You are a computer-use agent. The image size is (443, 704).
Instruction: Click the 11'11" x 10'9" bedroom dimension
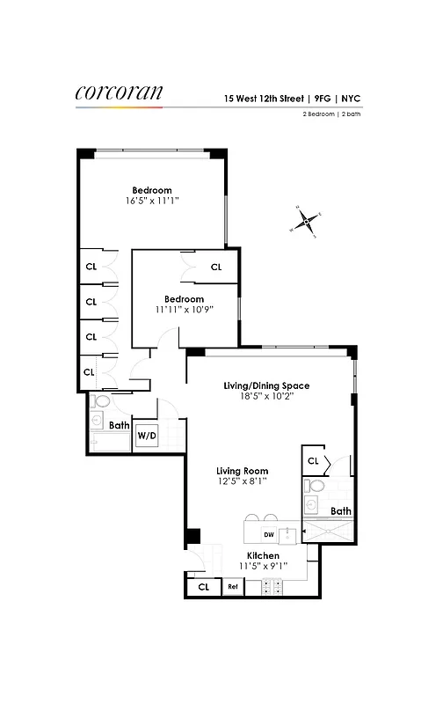(184, 310)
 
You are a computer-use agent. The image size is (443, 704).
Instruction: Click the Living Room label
(242, 471)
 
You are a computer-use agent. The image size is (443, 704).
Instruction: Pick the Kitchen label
(263, 556)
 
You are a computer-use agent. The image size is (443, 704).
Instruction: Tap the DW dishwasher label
(268, 534)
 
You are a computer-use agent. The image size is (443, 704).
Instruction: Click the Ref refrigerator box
(233, 586)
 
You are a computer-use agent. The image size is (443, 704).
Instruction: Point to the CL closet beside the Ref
(203, 586)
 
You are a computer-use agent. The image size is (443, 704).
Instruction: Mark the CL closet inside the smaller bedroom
(215, 268)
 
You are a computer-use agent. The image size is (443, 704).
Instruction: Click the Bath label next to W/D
(120, 426)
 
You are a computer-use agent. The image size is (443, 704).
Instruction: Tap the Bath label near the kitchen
(340, 510)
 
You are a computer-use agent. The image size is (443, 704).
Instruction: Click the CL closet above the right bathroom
(313, 459)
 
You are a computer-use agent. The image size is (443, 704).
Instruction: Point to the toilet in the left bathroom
(99, 402)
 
